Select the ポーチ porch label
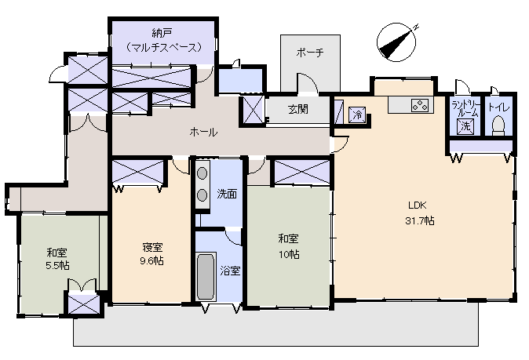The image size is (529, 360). click(310, 52)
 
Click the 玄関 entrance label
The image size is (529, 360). click(297, 109)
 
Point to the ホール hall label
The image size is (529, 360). click(203, 133)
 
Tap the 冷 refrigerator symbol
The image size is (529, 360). click(357, 115)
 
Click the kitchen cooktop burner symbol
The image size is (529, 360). click(418, 105)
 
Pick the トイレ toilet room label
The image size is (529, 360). click(498, 107)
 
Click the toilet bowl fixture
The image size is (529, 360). click(498, 125)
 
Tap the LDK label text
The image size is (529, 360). click(415, 207)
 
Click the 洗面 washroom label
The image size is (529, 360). click(227, 194)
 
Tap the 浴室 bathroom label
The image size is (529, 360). click(230, 271)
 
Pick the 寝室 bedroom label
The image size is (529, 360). click(152, 247)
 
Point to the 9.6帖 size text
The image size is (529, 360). click(152, 260)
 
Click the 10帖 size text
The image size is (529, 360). click(288, 255)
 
